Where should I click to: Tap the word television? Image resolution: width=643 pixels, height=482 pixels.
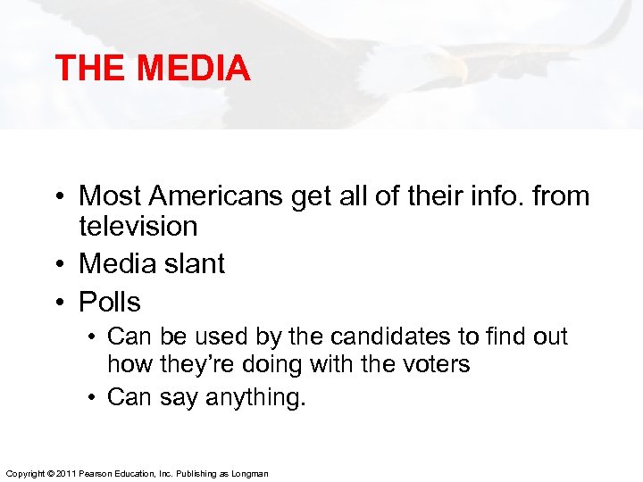(138, 226)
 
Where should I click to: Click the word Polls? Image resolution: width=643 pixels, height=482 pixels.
(110, 302)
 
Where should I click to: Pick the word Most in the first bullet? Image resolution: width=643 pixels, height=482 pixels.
(111, 195)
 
